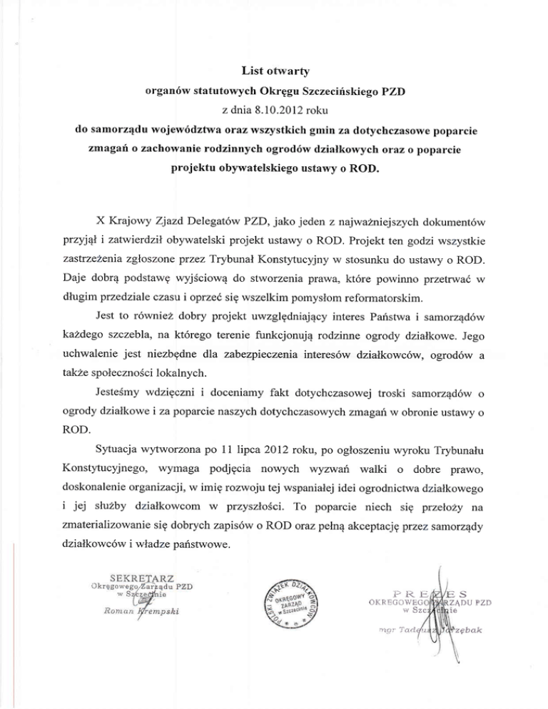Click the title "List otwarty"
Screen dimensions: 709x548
click(274, 69)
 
